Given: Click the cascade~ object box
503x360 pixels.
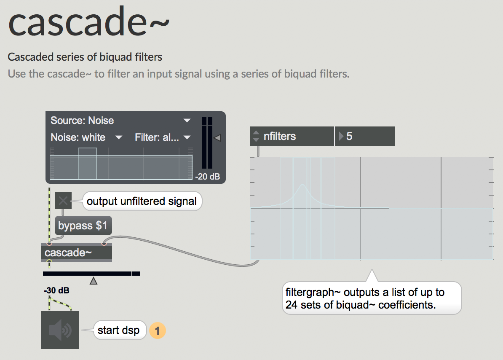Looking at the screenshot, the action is click(x=77, y=253).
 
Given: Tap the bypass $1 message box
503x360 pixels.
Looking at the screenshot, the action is click(x=83, y=226).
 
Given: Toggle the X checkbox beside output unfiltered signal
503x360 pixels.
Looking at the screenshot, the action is click(x=63, y=201).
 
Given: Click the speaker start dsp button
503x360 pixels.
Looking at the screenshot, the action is click(x=60, y=330).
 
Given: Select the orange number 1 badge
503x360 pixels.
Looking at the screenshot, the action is click(x=157, y=330).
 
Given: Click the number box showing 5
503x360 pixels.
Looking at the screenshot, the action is click(x=365, y=136).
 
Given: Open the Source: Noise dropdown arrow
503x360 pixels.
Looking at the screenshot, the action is click(x=187, y=121).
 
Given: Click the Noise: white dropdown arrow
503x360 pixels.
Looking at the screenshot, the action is click(x=119, y=137).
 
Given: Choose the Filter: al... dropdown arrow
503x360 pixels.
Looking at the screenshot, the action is click(x=187, y=137).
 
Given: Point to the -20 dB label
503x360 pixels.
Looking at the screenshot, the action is click(x=208, y=177).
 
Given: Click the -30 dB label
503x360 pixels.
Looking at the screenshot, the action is click(x=57, y=290).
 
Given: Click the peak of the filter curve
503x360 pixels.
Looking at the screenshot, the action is click(x=302, y=185).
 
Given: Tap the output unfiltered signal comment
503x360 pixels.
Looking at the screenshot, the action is click(x=142, y=201).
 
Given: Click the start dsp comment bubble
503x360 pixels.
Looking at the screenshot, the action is click(x=119, y=330).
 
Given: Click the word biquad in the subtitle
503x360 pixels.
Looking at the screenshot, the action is click(x=116, y=57).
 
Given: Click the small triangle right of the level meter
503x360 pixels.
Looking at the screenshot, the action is click(x=217, y=138).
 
